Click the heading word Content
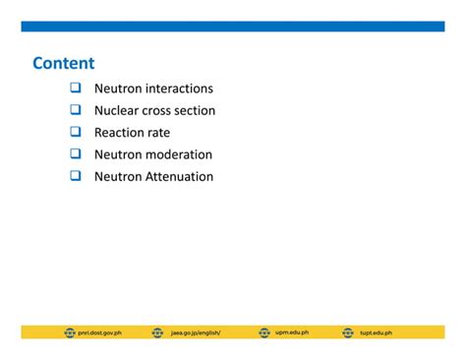[64, 64]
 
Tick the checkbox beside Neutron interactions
[75, 89]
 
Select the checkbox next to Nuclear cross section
[75, 110]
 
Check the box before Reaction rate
[75, 132]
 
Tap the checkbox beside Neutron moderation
[75, 154]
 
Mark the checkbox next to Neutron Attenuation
[75, 176]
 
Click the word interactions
[176, 89]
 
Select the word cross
[158, 110]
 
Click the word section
[196, 110]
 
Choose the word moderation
[179, 154]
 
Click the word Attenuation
[179, 176]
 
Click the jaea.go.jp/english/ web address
[196, 332]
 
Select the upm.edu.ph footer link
[292, 332]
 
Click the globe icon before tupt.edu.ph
[349, 332]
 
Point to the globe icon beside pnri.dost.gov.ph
[70, 332]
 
